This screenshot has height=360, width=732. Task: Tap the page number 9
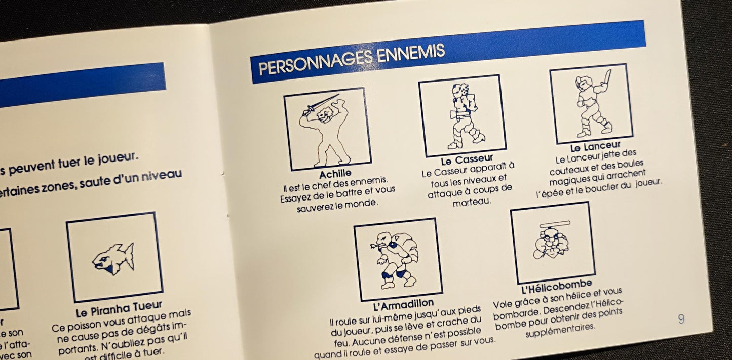click(681, 318)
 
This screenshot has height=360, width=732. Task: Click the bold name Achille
click(335, 174)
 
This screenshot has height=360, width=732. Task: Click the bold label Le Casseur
click(467, 161)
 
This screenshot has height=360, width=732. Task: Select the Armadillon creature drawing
click(398, 259)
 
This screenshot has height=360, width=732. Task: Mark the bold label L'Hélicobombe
click(556, 287)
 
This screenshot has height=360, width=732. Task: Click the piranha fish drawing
click(113, 258)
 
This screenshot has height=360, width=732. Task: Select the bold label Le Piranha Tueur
click(119, 306)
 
